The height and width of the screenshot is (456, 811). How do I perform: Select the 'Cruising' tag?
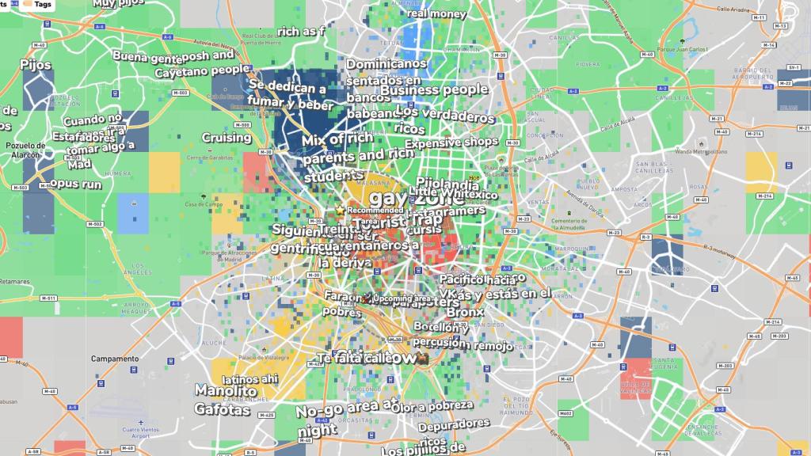pos(227,138)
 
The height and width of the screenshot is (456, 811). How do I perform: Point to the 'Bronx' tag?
pos(464,313)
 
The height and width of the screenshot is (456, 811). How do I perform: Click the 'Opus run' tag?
pos(75,184)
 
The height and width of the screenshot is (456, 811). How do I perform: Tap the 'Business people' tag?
pos(434,89)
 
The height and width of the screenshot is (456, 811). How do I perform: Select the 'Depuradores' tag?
pos(454,424)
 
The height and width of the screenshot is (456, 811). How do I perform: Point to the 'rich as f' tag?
pos(301,32)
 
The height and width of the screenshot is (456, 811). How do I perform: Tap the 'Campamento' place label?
pos(113,359)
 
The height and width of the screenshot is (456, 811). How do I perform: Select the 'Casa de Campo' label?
pos(201,205)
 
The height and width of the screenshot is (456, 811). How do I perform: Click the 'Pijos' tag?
pos(36,65)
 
